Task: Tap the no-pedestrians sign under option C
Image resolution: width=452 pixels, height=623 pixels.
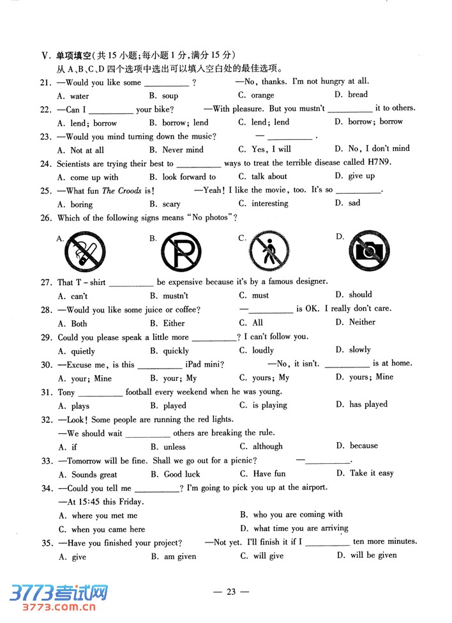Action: pyautogui.click(x=269, y=250)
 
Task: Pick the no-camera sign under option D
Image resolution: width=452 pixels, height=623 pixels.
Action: pyautogui.click(x=370, y=251)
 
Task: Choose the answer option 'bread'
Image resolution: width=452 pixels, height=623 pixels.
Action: pyautogui.click(x=358, y=95)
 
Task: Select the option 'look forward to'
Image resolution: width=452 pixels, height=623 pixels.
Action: pyautogui.click(x=189, y=177)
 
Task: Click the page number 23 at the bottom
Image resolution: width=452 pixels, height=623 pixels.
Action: pyautogui.click(x=231, y=592)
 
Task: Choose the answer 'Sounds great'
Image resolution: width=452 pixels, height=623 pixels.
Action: pyautogui.click(x=94, y=475)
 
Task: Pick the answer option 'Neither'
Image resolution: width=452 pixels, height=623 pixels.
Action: pyautogui.click(x=362, y=322)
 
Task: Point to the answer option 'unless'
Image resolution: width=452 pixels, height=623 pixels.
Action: pyautogui.click(x=174, y=447)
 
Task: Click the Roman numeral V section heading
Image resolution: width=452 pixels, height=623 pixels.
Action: pyautogui.click(x=45, y=55)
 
